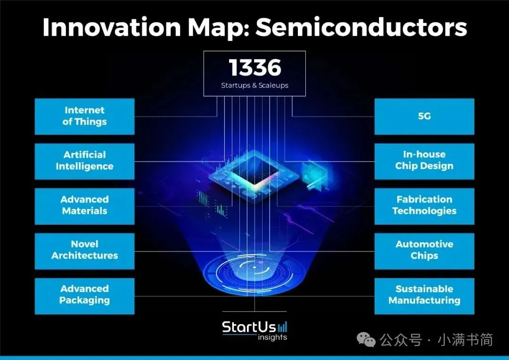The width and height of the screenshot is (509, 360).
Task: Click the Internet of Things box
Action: tap(84, 116)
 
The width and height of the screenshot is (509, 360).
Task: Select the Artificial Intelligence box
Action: tap(84, 161)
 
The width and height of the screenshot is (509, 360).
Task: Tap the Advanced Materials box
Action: tap(84, 205)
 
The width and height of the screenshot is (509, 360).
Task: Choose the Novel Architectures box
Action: tap(84, 250)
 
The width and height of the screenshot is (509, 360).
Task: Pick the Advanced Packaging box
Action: tap(84, 295)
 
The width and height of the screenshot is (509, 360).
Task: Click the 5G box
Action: tap(424, 116)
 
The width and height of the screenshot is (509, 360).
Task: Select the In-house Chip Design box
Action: tap(424, 161)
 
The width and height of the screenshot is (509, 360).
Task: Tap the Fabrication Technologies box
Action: tap(424, 205)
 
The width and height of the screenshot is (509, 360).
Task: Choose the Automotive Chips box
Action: tap(424, 250)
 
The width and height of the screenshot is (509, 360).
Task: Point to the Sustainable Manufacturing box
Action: tap(424, 295)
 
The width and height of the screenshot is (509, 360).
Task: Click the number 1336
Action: tap(254, 68)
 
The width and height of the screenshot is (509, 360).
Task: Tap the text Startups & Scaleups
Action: tap(254, 86)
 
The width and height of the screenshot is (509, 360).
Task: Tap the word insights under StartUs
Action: tap(272, 337)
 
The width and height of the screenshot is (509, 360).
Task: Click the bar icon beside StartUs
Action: tap(282, 327)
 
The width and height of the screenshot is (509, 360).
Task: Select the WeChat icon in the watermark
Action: tap(366, 339)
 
